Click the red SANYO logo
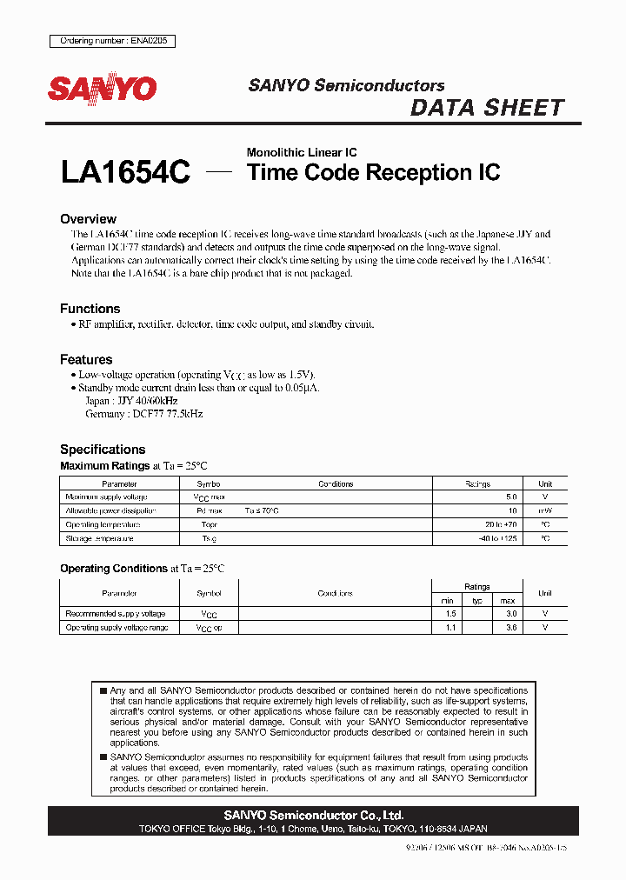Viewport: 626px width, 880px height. [102, 89]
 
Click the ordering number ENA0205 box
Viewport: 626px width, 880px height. [112, 41]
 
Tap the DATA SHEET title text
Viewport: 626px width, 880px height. [487, 108]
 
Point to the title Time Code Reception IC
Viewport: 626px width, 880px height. [374, 172]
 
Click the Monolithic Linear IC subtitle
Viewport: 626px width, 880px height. [302, 152]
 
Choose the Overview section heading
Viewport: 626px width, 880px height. [88, 219]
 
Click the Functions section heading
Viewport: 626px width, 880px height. [90, 309]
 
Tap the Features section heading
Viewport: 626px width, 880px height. [86, 359]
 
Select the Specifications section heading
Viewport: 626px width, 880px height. [103, 450]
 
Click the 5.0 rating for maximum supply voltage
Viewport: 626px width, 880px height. [512, 497]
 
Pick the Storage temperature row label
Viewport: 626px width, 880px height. [100, 539]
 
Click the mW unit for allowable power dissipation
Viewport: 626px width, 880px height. [545, 510]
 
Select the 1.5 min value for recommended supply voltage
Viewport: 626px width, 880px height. [448, 614]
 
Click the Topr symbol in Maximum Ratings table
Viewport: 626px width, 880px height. [209, 524]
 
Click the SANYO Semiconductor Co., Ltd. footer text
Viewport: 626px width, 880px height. [313, 816]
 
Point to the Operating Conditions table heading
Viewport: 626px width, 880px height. [113, 568]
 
